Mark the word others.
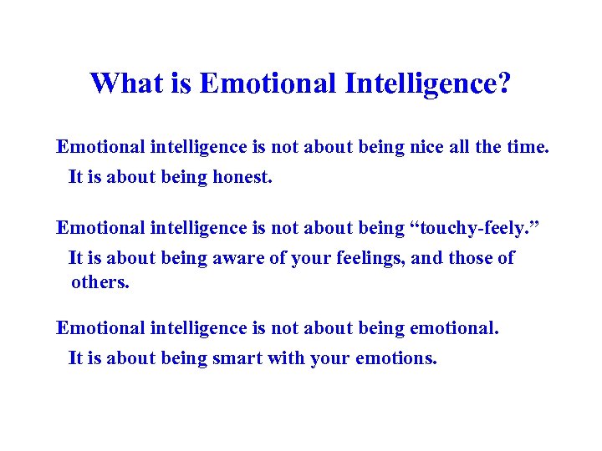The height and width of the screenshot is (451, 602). pyautogui.click(x=100, y=282)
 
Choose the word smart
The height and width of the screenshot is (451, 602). pyautogui.click(x=235, y=359)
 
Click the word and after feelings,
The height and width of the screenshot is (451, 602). pyautogui.click(x=427, y=258)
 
